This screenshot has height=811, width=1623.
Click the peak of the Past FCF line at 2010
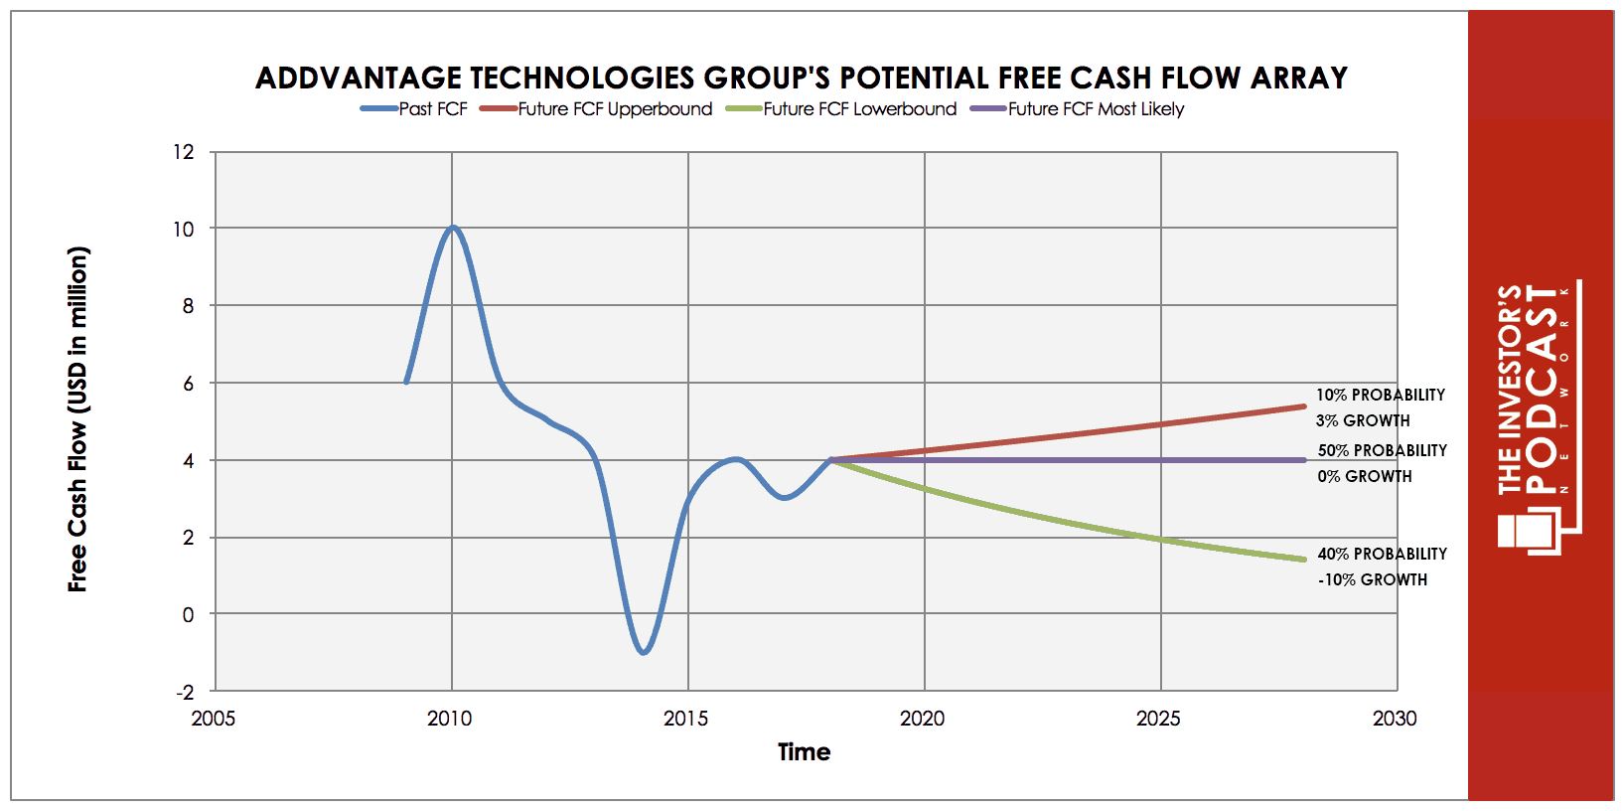click(x=453, y=228)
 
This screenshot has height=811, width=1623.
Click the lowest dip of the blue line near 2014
click(x=644, y=652)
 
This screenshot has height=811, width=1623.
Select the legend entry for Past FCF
click(x=415, y=109)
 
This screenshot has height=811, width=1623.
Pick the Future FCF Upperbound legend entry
click(x=597, y=109)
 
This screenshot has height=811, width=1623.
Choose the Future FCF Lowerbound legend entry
click(x=842, y=109)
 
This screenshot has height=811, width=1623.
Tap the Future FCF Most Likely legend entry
click(x=1079, y=109)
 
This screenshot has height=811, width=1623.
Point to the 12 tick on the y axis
click(x=184, y=152)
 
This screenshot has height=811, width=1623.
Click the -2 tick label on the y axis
click(x=185, y=692)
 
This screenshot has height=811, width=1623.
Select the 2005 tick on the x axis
click(x=214, y=719)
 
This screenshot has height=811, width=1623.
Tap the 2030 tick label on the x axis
click(x=1395, y=719)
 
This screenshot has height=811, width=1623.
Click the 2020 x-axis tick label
click(x=923, y=719)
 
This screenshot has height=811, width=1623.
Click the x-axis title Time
click(x=804, y=752)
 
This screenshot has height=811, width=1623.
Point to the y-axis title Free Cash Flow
click(x=77, y=418)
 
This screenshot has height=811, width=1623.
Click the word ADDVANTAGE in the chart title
click(x=359, y=78)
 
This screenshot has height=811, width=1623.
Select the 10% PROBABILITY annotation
click(x=1381, y=395)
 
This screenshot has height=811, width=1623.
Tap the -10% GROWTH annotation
click(x=1373, y=579)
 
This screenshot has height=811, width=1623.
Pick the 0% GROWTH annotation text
click(x=1365, y=476)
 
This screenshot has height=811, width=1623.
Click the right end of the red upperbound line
click(x=1303, y=405)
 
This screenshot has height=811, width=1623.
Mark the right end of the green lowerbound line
click(x=1303, y=560)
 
